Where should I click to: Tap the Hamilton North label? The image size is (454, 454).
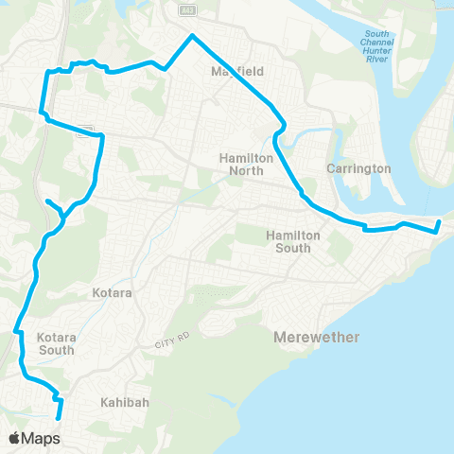click(x=245, y=164)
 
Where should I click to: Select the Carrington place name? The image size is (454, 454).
click(x=358, y=168)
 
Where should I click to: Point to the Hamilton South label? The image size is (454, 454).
click(x=293, y=241)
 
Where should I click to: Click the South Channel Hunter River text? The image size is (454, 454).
click(x=375, y=47)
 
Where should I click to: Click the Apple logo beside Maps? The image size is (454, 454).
click(x=15, y=438)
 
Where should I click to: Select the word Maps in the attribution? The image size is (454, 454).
click(x=42, y=438)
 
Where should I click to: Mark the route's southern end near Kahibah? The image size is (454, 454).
click(x=59, y=417)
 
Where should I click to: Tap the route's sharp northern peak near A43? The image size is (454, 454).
click(x=191, y=36)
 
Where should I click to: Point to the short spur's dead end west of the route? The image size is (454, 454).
click(x=46, y=201)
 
